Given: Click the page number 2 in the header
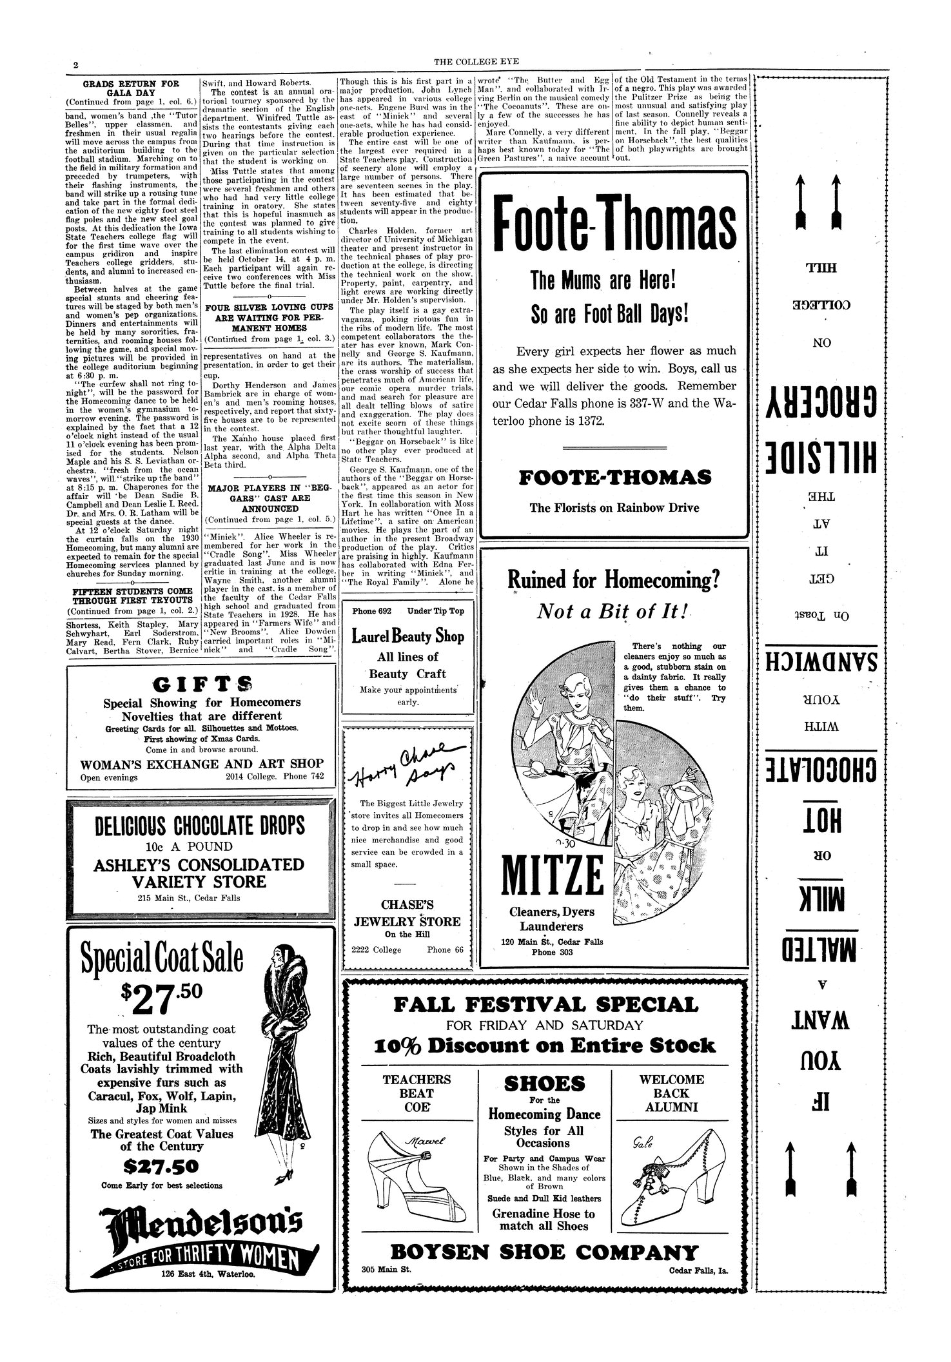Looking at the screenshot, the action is tap(76, 66).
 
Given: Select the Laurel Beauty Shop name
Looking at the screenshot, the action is tap(407, 636).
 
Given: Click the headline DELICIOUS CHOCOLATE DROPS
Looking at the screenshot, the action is tap(200, 826).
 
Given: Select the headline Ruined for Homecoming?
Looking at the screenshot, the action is tap(613, 580).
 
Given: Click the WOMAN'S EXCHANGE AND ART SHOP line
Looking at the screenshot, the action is tap(202, 764).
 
